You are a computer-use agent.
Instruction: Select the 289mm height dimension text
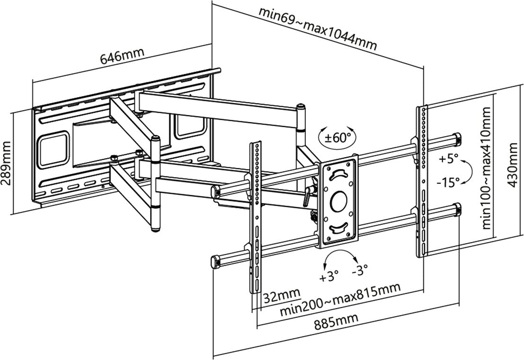(x=7, y=163)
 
